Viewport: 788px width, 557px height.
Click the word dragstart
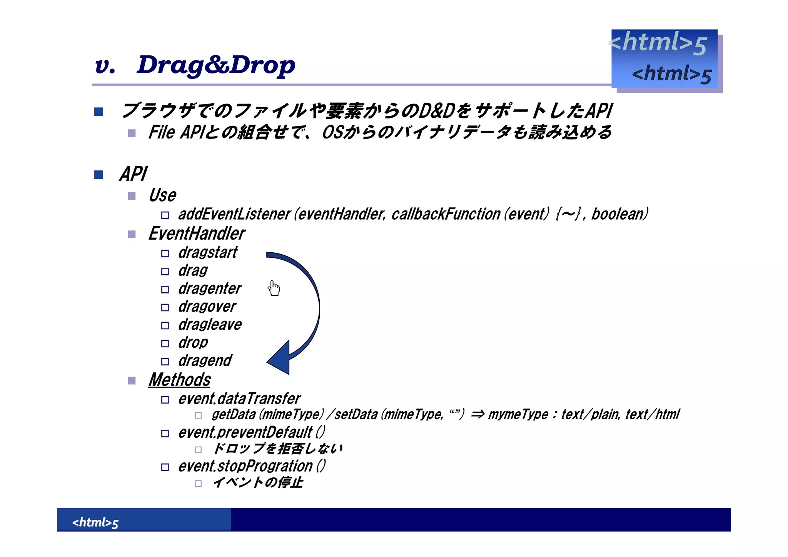point(208,253)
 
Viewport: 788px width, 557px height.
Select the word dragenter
point(210,289)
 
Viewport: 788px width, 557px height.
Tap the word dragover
point(207,307)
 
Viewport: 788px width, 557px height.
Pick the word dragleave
point(210,325)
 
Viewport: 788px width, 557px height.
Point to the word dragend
point(205,361)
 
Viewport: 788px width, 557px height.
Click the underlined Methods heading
point(179,380)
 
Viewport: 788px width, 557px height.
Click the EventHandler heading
point(197,233)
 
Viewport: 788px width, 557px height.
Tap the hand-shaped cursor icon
point(274,288)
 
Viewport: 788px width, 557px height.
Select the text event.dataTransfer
point(239,399)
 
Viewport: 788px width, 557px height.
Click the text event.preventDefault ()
point(251,433)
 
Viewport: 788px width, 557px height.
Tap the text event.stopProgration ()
point(252,466)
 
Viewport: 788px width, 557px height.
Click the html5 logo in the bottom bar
point(95,522)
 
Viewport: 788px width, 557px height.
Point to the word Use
point(162,195)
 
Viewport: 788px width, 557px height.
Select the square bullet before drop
point(165,344)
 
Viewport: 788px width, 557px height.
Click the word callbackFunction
point(446,214)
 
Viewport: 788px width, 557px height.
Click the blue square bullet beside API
point(99,175)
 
